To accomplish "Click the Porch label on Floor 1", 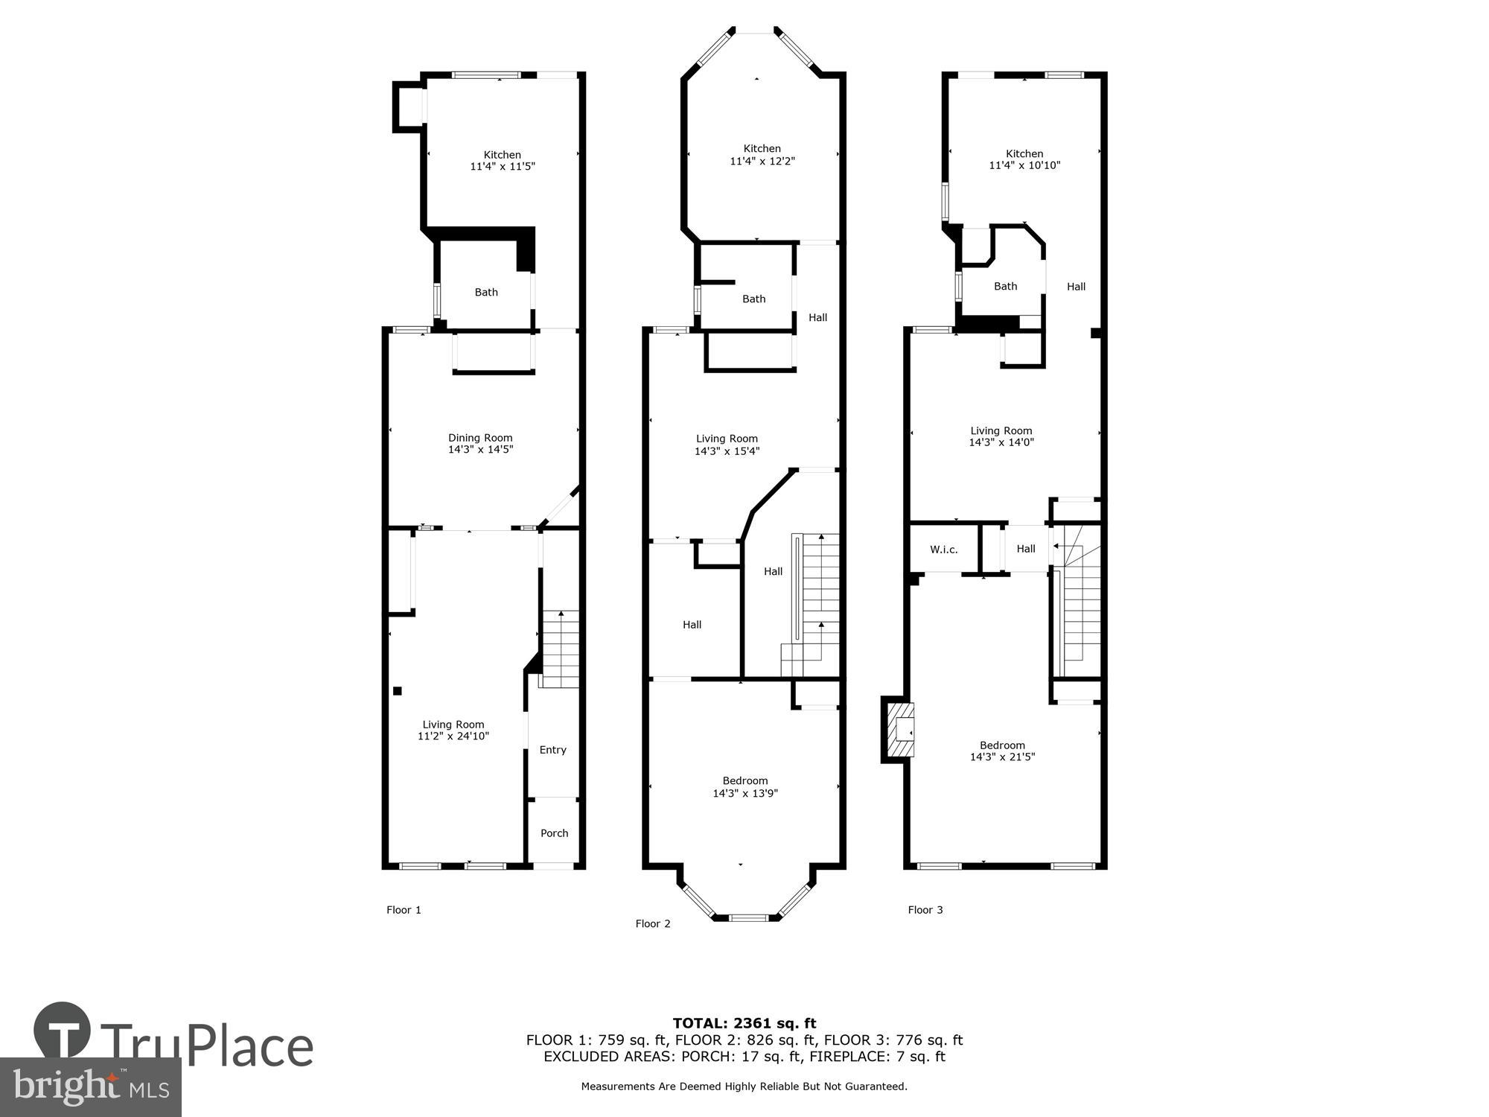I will point(554,833).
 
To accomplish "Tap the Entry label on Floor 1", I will point(552,750).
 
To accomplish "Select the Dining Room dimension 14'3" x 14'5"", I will point(480,450).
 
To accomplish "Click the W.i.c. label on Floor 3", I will point(943,550).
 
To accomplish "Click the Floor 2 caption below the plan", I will point(653,924).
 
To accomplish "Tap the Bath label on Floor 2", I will point(753,299).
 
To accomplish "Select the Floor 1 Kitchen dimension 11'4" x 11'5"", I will point(503,167).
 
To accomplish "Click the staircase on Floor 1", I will point(560,648).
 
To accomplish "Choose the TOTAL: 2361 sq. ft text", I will point(744,1023).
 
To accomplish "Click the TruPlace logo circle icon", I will point(63,1031).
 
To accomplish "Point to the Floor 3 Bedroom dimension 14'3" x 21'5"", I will point(1002,757).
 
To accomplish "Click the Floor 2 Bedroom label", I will point(745,781).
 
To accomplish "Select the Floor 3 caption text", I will point(925,910).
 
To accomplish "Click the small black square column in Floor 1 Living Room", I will point(398,691).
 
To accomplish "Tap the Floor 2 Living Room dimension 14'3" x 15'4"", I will point(727,451).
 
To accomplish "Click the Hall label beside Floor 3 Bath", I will point(1076,287).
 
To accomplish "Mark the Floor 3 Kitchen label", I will point(1024,153).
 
